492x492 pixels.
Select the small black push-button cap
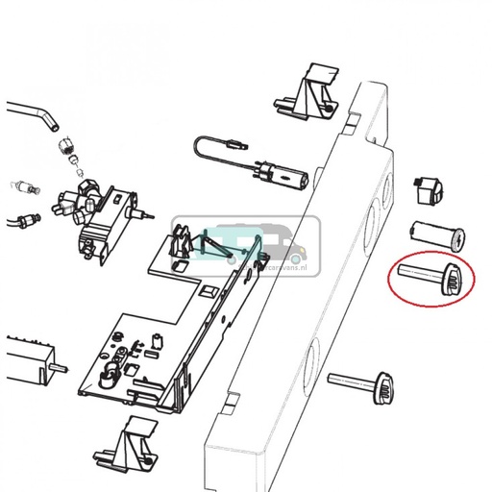coord(426,190)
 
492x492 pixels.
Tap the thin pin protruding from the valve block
coord(144,213)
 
